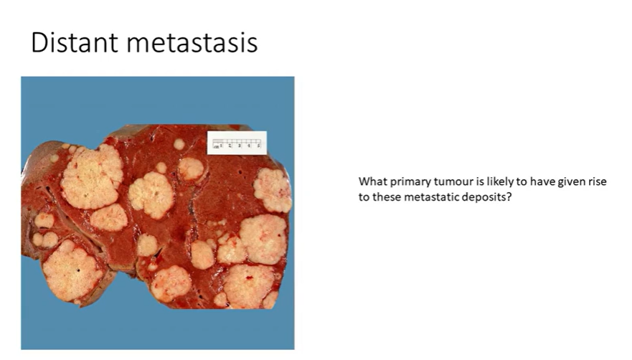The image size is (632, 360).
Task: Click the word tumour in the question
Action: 450,182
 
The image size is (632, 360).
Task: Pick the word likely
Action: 493,182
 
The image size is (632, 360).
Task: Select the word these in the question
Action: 386,196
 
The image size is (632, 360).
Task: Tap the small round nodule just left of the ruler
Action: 179,143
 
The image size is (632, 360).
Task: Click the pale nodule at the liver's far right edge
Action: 273,190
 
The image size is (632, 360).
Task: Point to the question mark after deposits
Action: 509,196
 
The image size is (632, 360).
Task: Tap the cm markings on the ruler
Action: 237,146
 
